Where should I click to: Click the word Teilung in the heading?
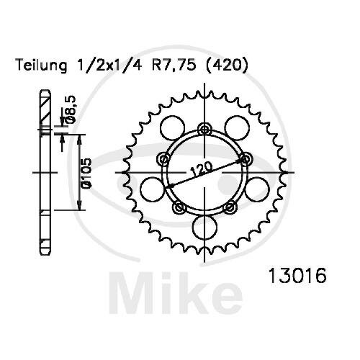[41, 66]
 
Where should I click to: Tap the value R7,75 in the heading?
[174, 66]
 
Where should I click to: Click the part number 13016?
[297, 276]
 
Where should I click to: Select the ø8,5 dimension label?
[71, 109]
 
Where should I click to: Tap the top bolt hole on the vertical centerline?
[204, 130]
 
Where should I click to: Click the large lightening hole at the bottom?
[204, 227]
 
